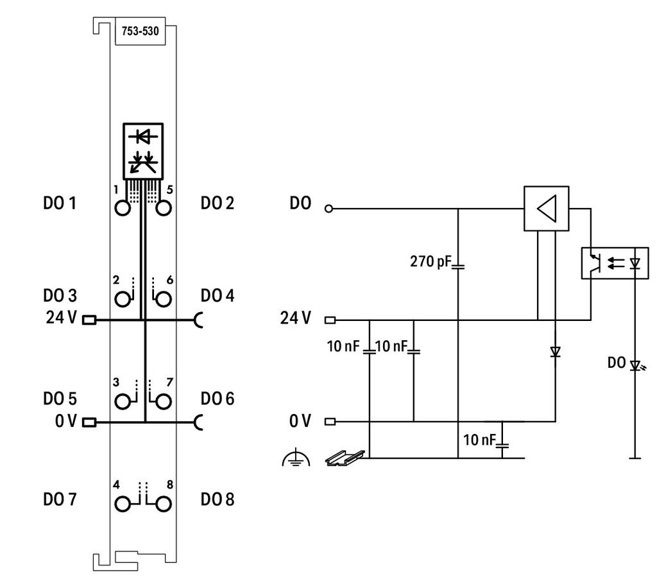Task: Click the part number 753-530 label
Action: pyautogui.click(x=140, y=31)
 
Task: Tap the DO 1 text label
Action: pyautogui.click(x=60, y=203)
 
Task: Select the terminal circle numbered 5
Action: pyautogui.click(x=164, y=208)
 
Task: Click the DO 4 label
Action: pyautogui.click(x=217, y=296)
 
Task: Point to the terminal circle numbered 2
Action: pyautogui.click(x=123, y=299)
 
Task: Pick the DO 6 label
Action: pyautogui.click(x=217, y=399)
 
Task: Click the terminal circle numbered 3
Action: pyautogui.click(x=123, y=402)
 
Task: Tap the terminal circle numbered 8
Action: pyautogui.click(x=164, y=504)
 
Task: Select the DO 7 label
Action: pyautogui.click(x=60, y=499)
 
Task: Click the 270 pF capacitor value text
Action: pyautogui.click(x=431, y=261)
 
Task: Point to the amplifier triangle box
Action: pyautogui.click(x=547, y=208)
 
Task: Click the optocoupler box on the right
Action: pyautogui.click(x=615, y=263)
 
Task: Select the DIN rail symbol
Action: pyautogui.click(x=345, y=458)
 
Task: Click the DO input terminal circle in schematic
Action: pyautogui.click(x=329, y=208)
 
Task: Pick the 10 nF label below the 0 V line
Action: pyautogui.click(x=479, y=440)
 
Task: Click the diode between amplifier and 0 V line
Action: pyautogui.click(x=556, y=352)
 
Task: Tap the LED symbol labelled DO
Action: pyautogui.click(x=636, y=366)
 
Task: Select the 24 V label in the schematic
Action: pyautogui.click(x=295, y=318)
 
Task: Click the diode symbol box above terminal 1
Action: pyautogui.click(x=143, y=151)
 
